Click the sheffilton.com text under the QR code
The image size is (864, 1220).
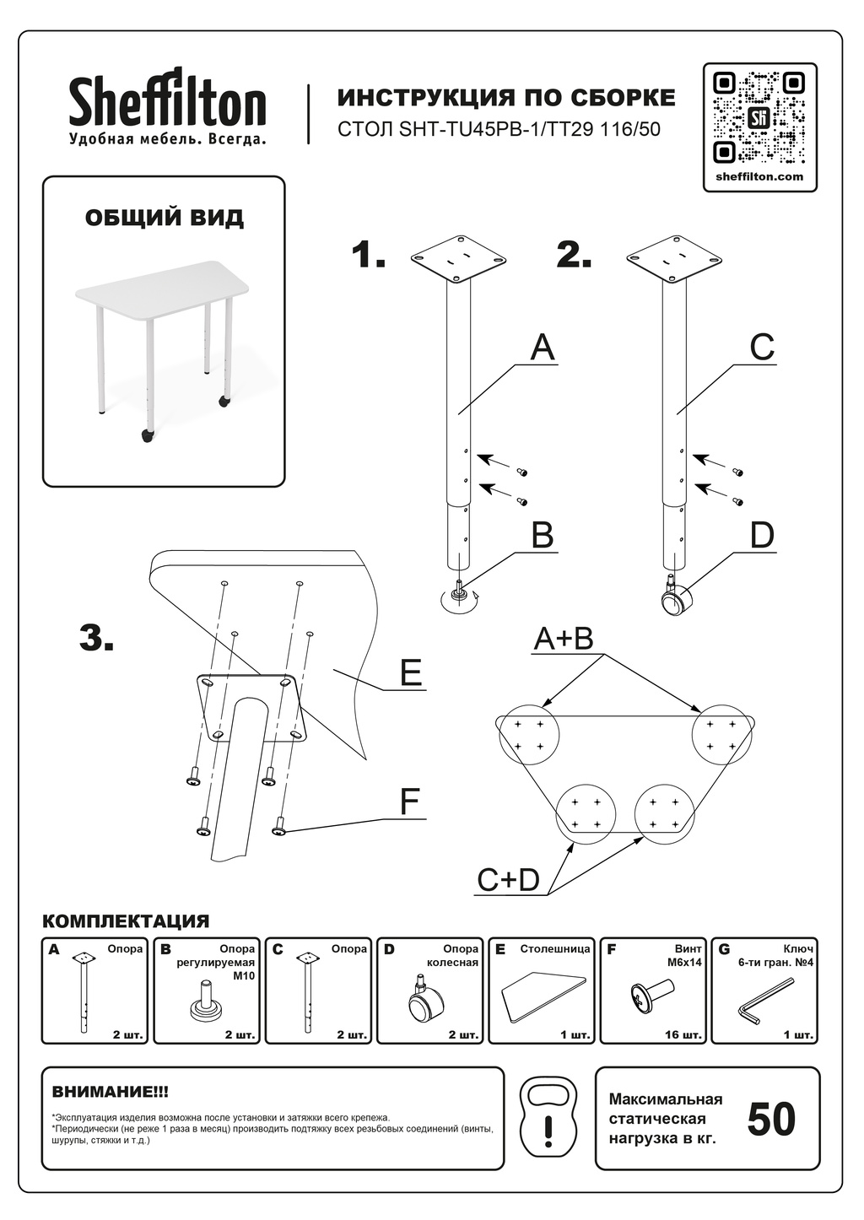(759, 177)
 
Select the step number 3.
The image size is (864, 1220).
(96, 639)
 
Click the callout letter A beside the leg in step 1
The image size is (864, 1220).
(543, 348)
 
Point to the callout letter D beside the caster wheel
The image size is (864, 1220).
(762, 535)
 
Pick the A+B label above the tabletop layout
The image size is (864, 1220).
(564, 639)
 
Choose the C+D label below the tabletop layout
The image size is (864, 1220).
(508, 880)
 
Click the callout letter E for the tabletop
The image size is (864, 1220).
(411, 673)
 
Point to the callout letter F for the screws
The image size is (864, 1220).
(410, 802)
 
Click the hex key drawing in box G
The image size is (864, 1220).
(766, 1001)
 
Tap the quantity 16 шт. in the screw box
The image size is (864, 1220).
(683, 1034)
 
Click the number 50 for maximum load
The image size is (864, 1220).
(771, 1119)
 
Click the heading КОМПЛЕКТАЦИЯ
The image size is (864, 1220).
(126, 921)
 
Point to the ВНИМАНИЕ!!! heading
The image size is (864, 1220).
(111, 1092)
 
